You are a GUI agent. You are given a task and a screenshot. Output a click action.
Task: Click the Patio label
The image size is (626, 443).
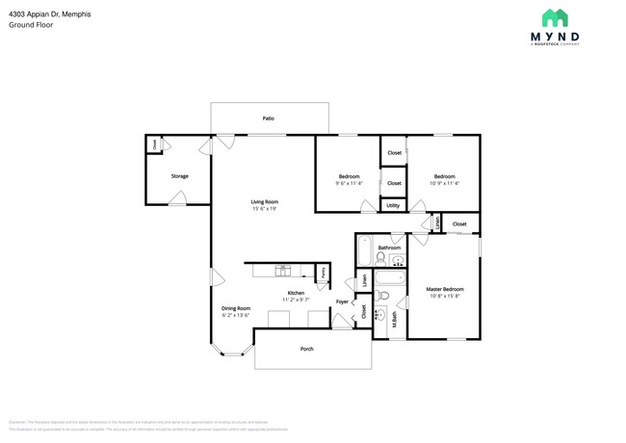point(269,118)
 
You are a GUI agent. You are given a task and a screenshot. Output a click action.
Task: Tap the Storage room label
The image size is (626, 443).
point(179,176)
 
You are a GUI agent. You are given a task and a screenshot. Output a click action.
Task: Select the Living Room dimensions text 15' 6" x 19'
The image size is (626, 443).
point(264,209)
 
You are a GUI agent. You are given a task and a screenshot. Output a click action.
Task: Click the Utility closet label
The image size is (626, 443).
point(393,205)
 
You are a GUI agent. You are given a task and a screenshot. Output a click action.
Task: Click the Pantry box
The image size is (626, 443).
point(323,274)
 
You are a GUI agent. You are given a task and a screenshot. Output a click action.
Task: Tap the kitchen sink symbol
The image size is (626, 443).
point(284,269)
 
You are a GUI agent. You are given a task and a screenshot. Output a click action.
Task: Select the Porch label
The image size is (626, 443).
point(307,349)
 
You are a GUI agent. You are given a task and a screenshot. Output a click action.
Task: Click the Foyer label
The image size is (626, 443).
point(342,302)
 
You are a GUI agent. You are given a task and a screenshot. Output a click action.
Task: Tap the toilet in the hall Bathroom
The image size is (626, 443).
point(380,258)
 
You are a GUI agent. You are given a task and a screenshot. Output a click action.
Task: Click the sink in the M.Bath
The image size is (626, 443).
point(380,314)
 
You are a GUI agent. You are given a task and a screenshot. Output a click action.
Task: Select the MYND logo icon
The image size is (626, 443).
point(554,17)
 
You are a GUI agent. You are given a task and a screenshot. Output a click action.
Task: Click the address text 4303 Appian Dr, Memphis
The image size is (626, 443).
point(43,13)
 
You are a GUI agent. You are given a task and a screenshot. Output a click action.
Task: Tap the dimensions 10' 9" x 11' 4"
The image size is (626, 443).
point(444,183)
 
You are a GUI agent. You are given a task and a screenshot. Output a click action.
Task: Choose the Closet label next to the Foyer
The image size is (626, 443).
point(364,312)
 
